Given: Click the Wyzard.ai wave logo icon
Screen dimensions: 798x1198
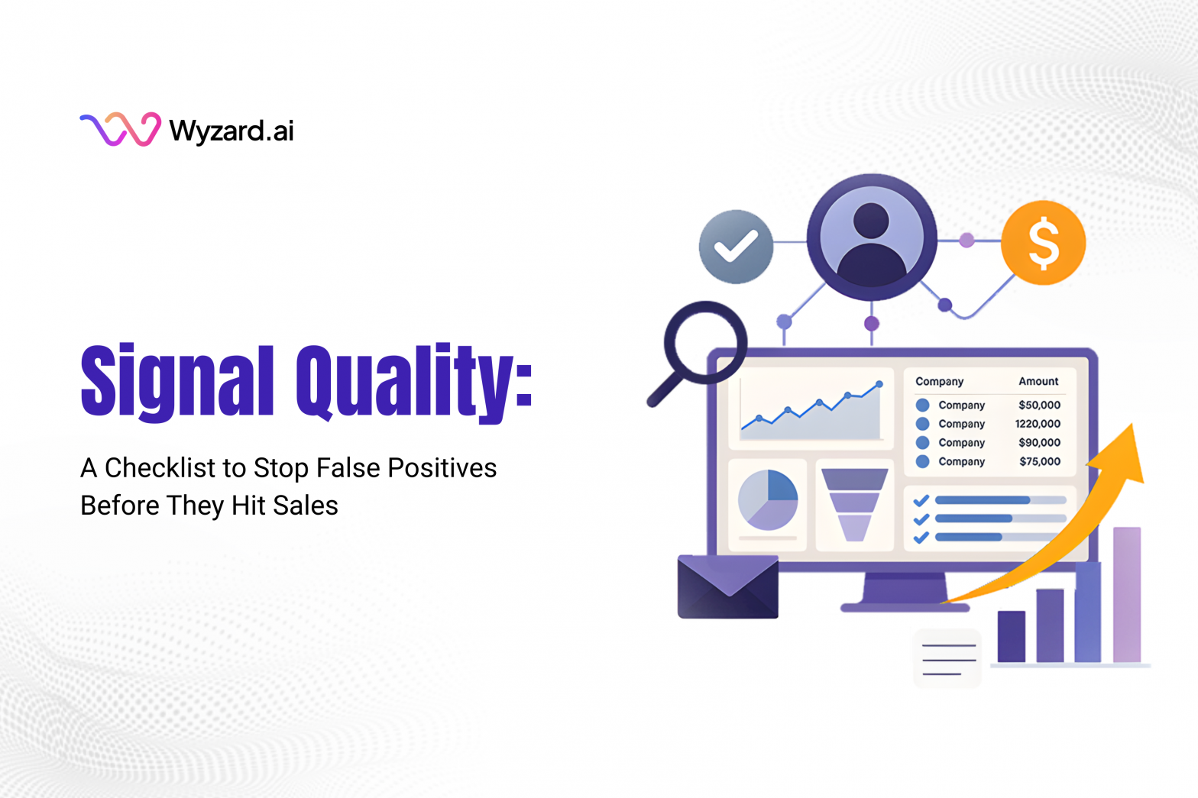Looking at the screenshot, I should click(x=120, y=129).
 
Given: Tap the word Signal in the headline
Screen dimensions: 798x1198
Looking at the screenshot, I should click(x=176, y=380).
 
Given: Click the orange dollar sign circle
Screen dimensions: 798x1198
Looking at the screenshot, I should click(x=1043, y=243).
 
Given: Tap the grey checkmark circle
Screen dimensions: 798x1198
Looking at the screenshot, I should click(x=736, y=247).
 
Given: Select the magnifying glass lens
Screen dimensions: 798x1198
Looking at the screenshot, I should click(x=704, y=341).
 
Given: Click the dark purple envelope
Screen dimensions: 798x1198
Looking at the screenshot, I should click(x=727, y=587).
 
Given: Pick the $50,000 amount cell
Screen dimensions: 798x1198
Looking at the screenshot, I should click(x=1039, y=405).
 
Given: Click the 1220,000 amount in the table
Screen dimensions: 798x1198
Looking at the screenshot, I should click(x=1038, y=424).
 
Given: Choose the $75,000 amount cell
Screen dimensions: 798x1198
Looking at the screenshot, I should click(x=1039, y=461).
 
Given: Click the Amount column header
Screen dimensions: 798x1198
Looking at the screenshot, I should click(x=1038, y=381).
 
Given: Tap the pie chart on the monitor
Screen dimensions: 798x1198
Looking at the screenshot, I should click(x=768, y=500).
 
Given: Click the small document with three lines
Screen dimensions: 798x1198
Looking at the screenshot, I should click(x=948, y=658).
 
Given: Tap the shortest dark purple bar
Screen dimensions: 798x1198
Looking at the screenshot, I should click(x=1012, y=636).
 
